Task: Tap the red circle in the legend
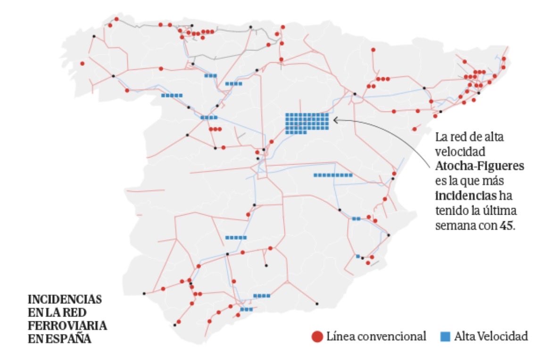317,336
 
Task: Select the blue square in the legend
445,336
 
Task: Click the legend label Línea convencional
376,336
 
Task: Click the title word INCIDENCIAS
65,300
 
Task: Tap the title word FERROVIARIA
67,326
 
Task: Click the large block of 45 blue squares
307,123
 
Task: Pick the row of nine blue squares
333,175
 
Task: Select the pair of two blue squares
356,218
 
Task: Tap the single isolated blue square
358,256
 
